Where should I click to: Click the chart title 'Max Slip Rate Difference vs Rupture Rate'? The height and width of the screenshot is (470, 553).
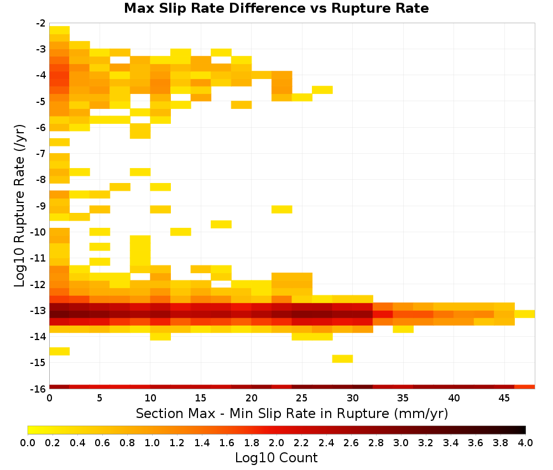pyautogui.click(x=276, y=8)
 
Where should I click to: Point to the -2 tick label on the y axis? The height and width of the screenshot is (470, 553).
pyautogui.click(x=41, y=23)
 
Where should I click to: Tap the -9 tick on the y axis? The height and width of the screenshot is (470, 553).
pyautogui.click(x=41, y=206)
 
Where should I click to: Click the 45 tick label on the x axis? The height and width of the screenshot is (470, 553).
pyautogui.click(x=504, y=398)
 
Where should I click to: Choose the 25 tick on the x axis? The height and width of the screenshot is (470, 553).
pyautogui.click(x=302, y=398)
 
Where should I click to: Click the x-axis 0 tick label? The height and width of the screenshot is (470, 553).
pyautogui.click(x=49, y=398)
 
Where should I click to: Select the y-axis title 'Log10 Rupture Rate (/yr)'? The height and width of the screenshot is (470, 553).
pyautogui.click(x=20, y=206)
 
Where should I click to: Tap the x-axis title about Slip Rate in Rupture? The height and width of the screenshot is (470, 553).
pyautogui.click(x=292, y=413)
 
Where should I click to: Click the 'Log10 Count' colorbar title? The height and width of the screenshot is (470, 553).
pyautogui.click(x=276, y=458)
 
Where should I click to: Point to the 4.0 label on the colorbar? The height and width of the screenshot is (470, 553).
pyautogui.click(x=525, y=442)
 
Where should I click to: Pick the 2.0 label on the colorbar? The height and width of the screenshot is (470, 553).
pyautogui.click(x=276, y=442)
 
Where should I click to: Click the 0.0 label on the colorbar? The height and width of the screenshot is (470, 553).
pyautogui.click(x=28, y=442)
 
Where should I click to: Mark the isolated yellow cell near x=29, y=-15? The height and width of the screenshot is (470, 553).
pyautogui.click(x=342, y=358)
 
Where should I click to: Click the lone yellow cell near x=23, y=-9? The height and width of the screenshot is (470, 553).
pyautogui.click(x=282, y=210)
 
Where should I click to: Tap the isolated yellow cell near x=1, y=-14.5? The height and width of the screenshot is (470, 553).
pyautogui.click(x=59, y=351)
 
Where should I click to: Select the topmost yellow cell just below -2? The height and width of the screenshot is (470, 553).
pyautogui.click(x=59, y=30)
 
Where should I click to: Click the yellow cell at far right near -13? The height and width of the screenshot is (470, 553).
pyautogui.click(x=525, y=314)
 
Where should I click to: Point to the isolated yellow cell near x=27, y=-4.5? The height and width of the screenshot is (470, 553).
pyautogui.click(x=322, y=90)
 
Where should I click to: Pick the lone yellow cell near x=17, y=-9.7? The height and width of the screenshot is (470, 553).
pyautogui.click(x=221, y=224)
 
